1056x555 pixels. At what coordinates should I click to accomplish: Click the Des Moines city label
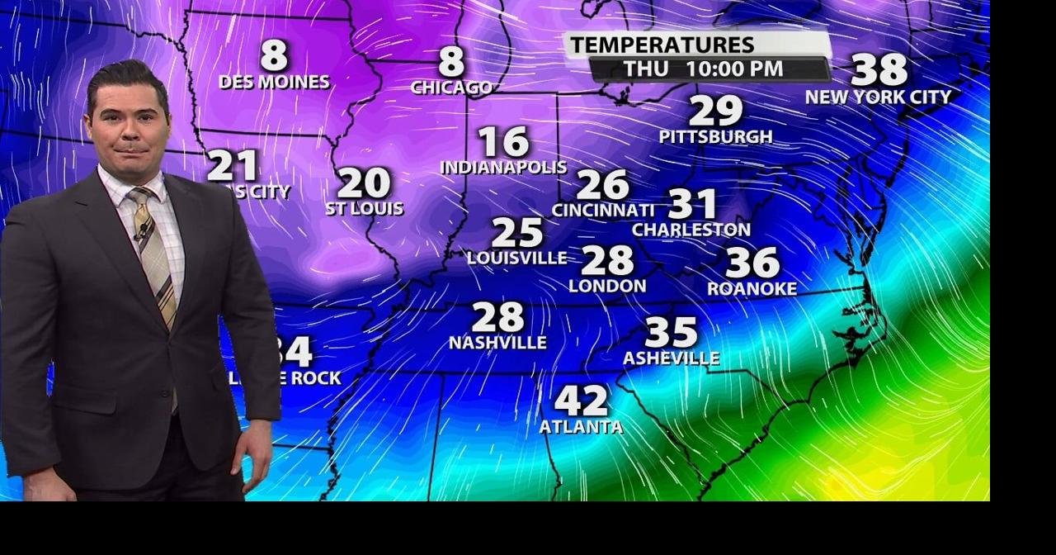click(274, 83)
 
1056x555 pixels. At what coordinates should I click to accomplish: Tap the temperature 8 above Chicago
click(451, 62)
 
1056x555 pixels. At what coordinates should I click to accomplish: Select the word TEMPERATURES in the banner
click(662, 45)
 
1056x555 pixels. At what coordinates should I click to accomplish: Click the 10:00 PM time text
click(735, 69)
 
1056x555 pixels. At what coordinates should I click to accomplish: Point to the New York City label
click(879, 97)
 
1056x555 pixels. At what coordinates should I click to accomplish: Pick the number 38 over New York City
click(879, 70)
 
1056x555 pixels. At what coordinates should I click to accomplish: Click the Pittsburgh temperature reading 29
click(715, 111)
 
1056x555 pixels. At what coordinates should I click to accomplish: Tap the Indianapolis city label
click(503, 168)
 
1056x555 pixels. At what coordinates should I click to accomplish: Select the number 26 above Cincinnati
click(602, 185)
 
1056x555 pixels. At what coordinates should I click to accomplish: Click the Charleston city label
click(691, 230)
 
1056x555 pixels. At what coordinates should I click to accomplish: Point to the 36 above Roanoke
click(752, 263)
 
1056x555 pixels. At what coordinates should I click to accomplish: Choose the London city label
click(607, 287)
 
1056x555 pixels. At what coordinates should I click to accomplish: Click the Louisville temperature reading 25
click(517, 233)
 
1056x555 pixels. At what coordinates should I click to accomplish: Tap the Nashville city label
click(497, 342)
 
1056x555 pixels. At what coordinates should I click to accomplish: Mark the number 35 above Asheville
click(671, 333)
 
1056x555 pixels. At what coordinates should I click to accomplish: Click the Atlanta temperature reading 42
click(581, 401)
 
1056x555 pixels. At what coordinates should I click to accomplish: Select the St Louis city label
click(364, 209)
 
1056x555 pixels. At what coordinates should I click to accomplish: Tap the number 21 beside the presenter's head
click(233, 166)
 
